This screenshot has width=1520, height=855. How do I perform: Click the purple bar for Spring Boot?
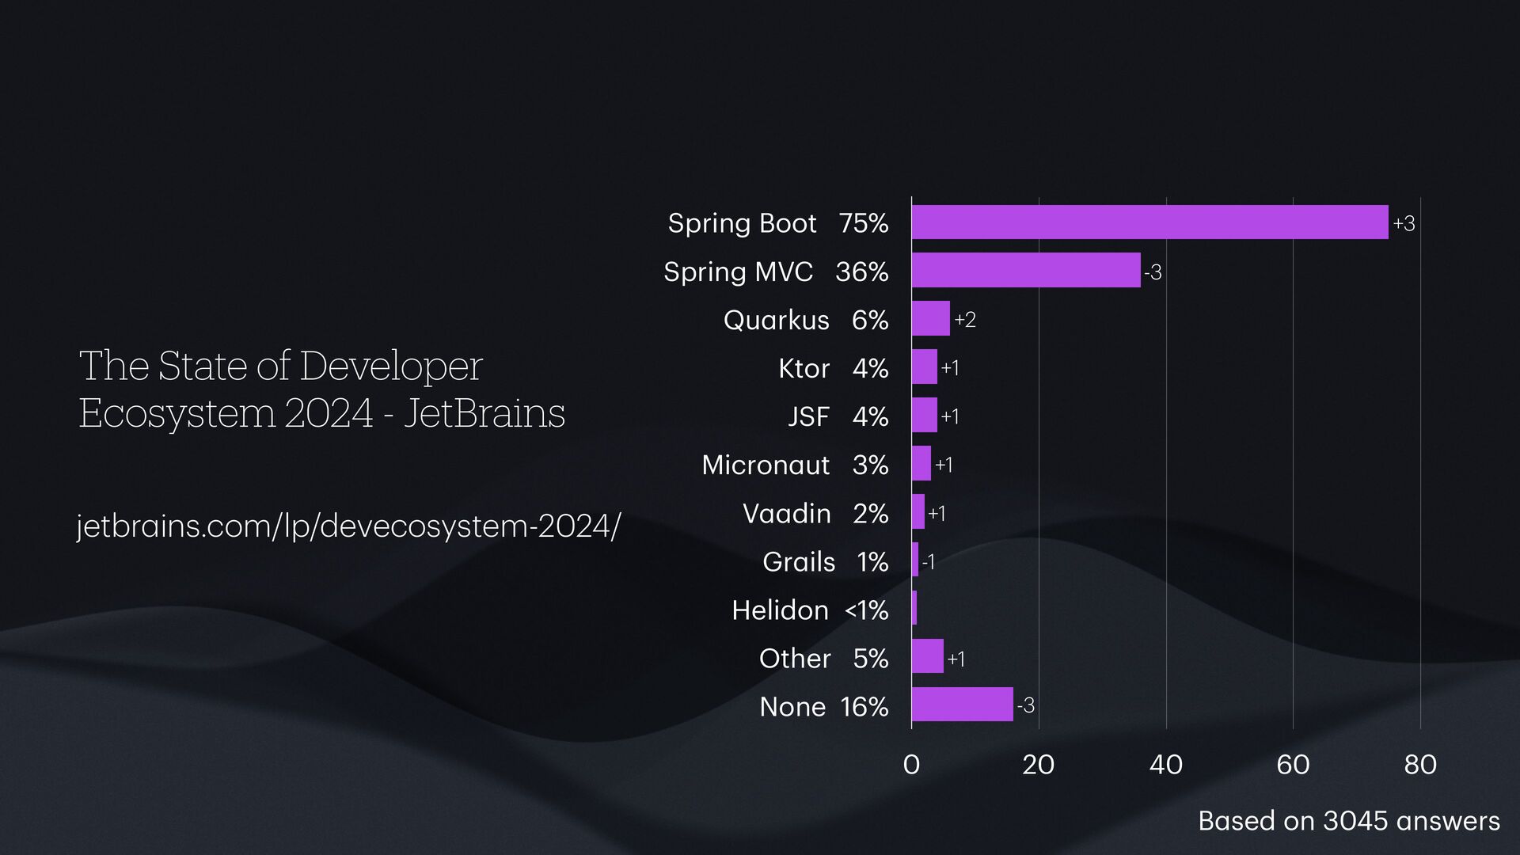(x=1149, y=222)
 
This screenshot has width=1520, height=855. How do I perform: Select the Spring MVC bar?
(x=1026, y=271)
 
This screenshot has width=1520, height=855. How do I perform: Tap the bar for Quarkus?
(x=930, y=319)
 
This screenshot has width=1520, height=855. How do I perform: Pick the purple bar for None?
(x=962, y=705)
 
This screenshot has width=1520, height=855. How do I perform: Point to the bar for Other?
(x=927, y=656)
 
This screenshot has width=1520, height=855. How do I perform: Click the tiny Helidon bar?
(x=914, y=608)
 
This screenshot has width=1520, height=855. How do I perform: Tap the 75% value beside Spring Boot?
(x=864, y=223)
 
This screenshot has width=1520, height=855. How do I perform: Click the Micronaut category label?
(x=766, y=465)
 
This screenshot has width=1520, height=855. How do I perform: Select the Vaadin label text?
(x=786, y=514)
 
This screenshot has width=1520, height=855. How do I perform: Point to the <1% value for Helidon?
(x=867, y=610)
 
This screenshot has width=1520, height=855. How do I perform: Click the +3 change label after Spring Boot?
(x=1404, y=224)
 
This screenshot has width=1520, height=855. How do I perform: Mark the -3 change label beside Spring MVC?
(x=1153, y=272)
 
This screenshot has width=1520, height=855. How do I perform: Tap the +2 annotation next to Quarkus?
(x=965, y=320)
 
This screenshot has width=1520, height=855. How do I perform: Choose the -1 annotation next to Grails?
(x=929, y=562)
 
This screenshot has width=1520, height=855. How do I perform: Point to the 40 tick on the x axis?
(x=1165, y=765)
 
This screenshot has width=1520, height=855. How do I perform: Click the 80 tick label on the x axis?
(x=1420, y=765)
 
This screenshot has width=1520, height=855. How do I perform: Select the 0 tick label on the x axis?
(x=911, y=765)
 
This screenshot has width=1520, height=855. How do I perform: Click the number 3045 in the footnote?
(x=1355, y=821)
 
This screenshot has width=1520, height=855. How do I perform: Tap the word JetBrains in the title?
(x=484, y=413)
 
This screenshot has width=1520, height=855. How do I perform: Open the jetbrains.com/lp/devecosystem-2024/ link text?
(x=348, y=526)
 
